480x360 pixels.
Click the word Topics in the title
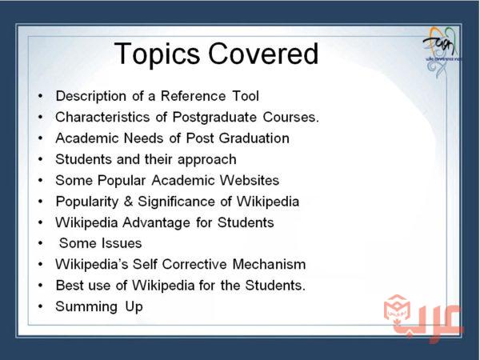point(157,54)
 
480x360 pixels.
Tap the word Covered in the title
point(263,54)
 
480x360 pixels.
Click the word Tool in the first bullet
point(246,96)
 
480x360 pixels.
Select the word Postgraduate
point(214,118)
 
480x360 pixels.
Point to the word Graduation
point(254,138)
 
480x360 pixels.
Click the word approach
point(207,160)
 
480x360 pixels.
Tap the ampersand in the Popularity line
point(129,202)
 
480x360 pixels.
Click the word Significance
point(176,202)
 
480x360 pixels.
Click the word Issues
point(122,243)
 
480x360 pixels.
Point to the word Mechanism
point(269,264)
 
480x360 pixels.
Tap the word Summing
point(86,307)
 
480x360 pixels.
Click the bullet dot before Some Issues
point(41,243)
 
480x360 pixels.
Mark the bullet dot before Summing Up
point(41,306)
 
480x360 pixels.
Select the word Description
point(91,97)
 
